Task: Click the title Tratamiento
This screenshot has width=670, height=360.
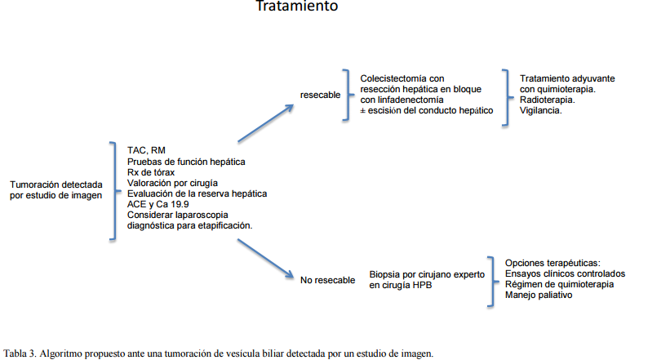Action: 296,7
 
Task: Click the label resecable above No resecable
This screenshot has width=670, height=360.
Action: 320,95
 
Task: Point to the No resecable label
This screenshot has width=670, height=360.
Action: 327,280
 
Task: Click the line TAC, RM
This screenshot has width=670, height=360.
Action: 146,151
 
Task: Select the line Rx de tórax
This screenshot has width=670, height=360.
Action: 151,172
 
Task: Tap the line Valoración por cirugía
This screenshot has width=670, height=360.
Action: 171,183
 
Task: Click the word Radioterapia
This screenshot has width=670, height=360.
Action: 547,100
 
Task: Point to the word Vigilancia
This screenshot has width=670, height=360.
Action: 540,110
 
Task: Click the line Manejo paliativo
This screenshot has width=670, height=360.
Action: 539,295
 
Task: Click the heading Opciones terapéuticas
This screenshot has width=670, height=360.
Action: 552,263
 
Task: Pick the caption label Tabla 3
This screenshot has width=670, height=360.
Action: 20,353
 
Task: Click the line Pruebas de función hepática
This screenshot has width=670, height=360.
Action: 186,162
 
